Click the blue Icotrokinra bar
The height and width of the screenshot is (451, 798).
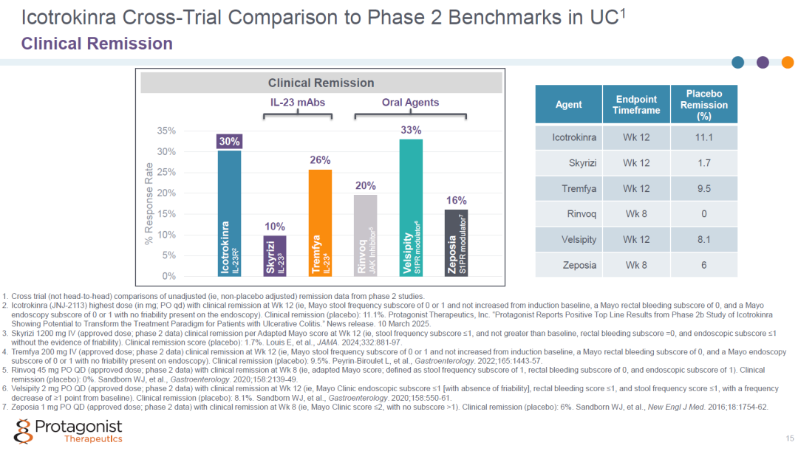coord(230,213)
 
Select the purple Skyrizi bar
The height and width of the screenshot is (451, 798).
coord(275,255)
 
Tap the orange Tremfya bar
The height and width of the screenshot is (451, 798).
coord(320,223)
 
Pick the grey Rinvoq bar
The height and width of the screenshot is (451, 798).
coord(366,235)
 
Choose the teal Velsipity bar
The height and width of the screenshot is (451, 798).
coord(411,208)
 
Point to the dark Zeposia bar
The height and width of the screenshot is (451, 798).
coord(456,243)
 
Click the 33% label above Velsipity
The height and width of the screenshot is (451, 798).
coord(411,130)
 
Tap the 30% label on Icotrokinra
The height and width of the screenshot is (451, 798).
coord(230,141)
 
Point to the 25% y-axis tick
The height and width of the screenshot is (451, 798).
coord(166,173)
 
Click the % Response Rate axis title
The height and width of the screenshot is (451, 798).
coord(149,204)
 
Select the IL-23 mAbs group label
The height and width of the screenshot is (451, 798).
coord(298,102)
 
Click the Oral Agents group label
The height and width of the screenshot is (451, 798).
coord(410,102)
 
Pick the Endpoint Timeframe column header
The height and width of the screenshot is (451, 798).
coord(636,105)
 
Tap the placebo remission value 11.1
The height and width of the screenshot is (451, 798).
coord(704,137)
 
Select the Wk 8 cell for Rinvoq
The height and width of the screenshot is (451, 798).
coord(636,214)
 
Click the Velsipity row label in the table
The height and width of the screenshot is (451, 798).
coord(579,239)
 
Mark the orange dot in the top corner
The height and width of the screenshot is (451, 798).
coord(788,63)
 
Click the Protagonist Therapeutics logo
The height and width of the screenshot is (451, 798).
coord(68,431)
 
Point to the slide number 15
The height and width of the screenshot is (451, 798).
coord(789,438)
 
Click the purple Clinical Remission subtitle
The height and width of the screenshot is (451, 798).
coord(97,44)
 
